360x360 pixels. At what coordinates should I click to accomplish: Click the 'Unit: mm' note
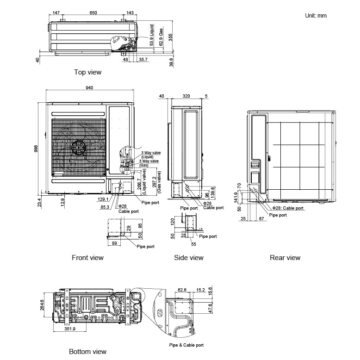point(316,15)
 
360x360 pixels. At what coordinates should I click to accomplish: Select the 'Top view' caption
point(87,72)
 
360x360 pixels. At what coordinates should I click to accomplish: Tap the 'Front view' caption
point(87,257)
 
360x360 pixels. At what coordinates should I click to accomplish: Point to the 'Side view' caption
point(188,257)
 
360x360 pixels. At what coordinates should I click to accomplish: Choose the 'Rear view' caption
point(285,257)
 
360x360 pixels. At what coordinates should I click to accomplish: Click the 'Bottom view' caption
point(87,352)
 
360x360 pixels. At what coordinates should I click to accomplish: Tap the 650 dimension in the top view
point(93,13)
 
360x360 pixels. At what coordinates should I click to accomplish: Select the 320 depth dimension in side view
point(186,96)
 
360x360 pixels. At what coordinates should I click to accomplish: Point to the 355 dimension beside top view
point(170,38)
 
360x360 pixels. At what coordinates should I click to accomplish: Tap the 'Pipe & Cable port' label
point(186,345)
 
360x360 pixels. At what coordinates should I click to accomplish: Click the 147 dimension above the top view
point(56,13)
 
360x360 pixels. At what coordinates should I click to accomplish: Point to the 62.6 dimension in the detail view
point(181,290)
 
